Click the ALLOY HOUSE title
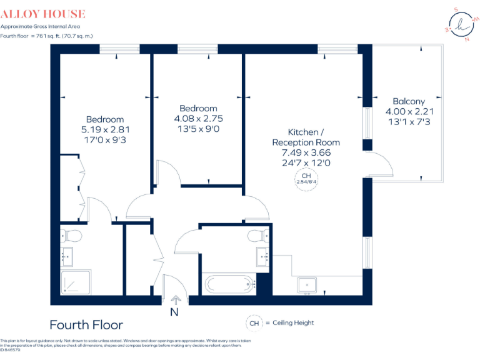[43, 14]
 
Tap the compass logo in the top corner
[462, 25]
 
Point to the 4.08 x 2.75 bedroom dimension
[198, 118]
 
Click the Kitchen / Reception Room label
[306, 137]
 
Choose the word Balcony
[409, 101]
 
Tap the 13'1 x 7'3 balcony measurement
[409, 122]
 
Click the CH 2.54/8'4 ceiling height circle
[306, 179]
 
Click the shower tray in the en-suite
[76, 283]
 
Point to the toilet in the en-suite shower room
[72, 236]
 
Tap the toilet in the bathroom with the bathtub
[257, 236]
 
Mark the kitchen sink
[306, 285]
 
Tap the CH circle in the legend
[254, 322]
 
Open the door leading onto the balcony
[379, 165]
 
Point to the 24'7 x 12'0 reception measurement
[306, 162]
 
